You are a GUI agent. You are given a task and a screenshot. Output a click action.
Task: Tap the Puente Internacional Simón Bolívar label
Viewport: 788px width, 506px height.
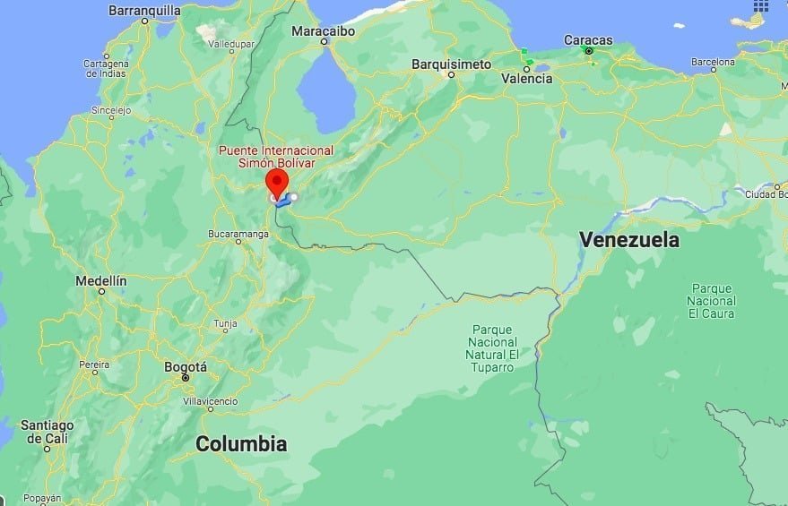(275, 157)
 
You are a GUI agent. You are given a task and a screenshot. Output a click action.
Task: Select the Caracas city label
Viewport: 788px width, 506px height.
(588, 39)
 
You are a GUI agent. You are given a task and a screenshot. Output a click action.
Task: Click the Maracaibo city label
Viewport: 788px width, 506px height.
(324, 30)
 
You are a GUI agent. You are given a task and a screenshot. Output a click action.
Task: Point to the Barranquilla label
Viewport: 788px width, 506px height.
(144, 11)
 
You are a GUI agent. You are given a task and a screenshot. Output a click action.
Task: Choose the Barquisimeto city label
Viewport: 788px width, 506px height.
(451, 64)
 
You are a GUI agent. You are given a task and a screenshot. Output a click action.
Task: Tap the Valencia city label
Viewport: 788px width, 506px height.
(526, 78)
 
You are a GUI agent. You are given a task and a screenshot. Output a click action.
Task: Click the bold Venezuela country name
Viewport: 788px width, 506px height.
(628, 239)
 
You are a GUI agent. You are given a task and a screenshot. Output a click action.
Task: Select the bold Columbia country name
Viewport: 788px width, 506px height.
(241, 443)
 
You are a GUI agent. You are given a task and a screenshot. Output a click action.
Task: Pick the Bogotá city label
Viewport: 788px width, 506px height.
(186, 366)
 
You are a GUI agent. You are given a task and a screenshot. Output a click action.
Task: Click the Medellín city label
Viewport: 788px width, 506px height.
(100, 280)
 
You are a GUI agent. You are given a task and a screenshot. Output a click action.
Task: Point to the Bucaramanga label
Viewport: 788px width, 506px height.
(238, 233)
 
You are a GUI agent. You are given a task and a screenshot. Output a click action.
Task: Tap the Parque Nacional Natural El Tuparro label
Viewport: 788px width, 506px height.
(493, 348)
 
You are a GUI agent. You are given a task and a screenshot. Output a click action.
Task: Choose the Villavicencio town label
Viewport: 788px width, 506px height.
(211, 402)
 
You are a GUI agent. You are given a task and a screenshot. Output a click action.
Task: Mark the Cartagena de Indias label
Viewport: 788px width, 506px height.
(106, 68)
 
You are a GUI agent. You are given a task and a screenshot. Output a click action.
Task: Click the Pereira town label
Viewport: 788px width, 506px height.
(94, 364)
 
